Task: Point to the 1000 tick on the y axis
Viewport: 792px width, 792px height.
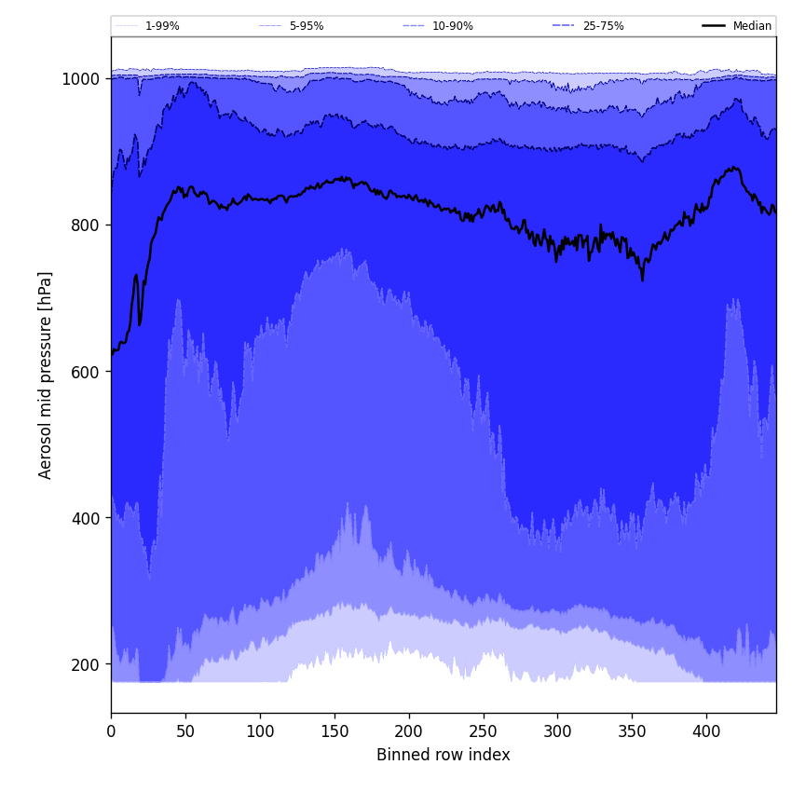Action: pos(81,79)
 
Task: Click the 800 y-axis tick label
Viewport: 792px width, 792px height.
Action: pos(86,225)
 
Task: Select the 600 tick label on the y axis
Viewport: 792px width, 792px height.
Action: pos(86,372)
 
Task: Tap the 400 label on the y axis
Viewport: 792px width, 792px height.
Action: pos(86,518)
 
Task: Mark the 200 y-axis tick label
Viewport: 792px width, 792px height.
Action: pos(86,664)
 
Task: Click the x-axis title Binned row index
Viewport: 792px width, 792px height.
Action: pos(444,755)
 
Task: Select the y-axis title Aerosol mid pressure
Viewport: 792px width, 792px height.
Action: pos(46,375)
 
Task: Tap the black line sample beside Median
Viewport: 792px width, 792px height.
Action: pos(715,26)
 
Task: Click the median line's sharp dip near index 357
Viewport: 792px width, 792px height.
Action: pos(642,279)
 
